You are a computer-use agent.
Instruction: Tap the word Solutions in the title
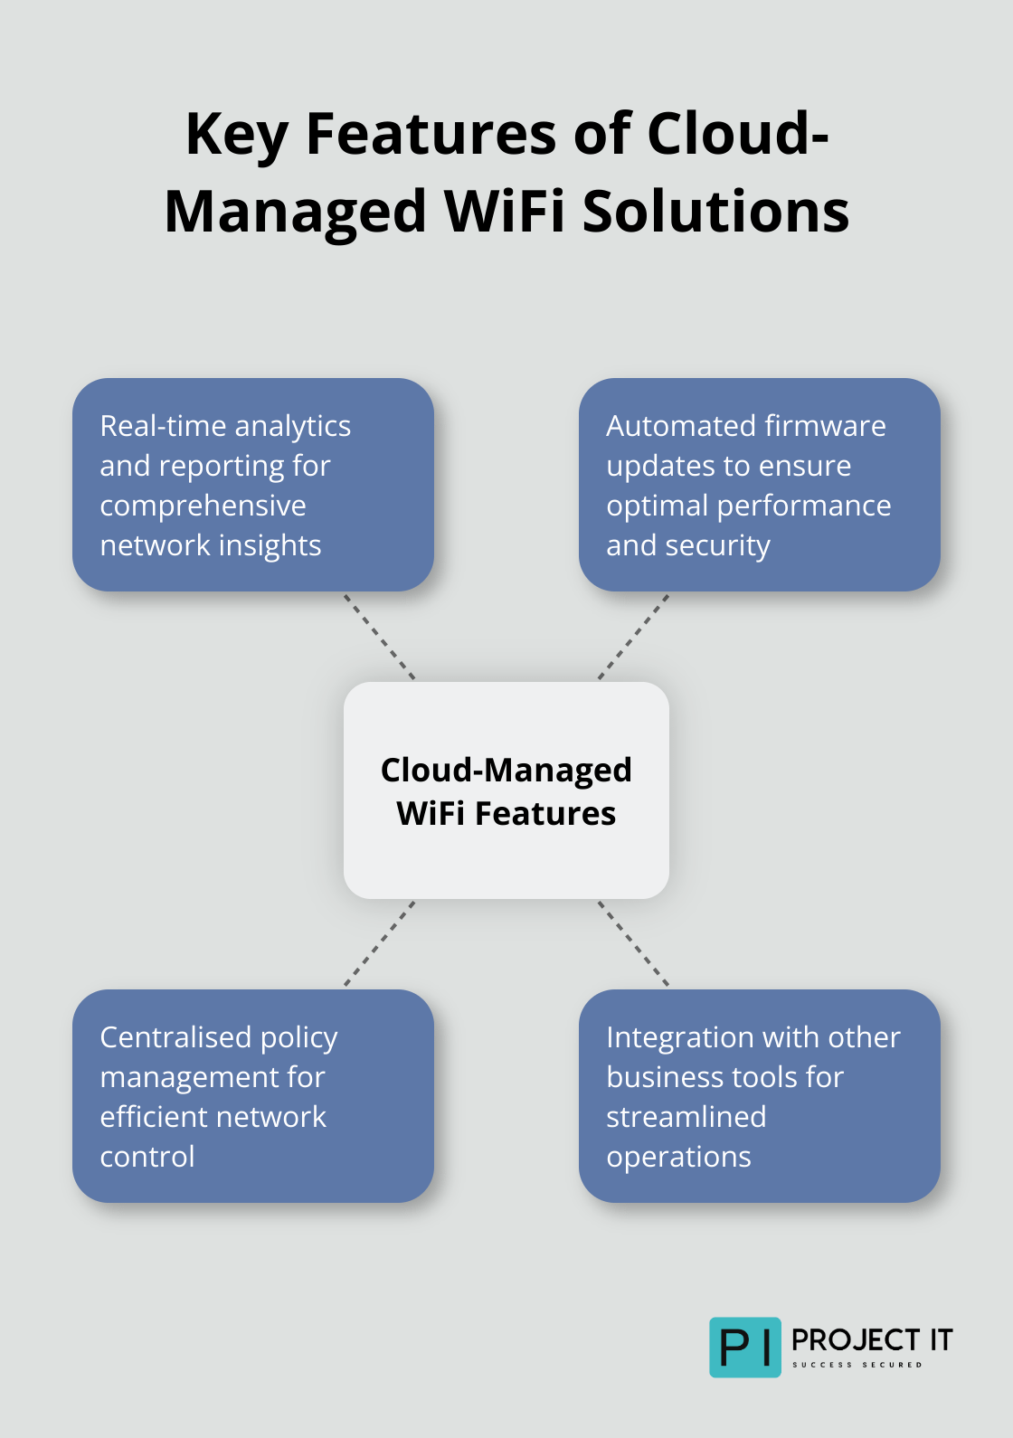coord(715,212)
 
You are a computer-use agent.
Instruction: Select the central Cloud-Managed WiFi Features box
coord(506,790)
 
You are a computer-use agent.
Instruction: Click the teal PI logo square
coord(744,1348)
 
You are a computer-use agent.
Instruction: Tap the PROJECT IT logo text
coord(872,1340)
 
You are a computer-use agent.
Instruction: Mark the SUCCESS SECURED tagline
coord(857,1365)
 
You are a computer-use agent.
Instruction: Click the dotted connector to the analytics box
coord(380,637)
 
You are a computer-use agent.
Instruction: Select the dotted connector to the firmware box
coord(633,637)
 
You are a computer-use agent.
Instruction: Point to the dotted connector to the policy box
coord(380,943)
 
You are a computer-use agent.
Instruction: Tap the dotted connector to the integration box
coord(633,943)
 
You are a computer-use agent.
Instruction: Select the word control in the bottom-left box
coord(147,1157)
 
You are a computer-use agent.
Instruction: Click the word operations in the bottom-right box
coord(678,1157)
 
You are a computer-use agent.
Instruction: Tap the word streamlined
coord(686,1117)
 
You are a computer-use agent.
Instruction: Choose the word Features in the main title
coord(431,135)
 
